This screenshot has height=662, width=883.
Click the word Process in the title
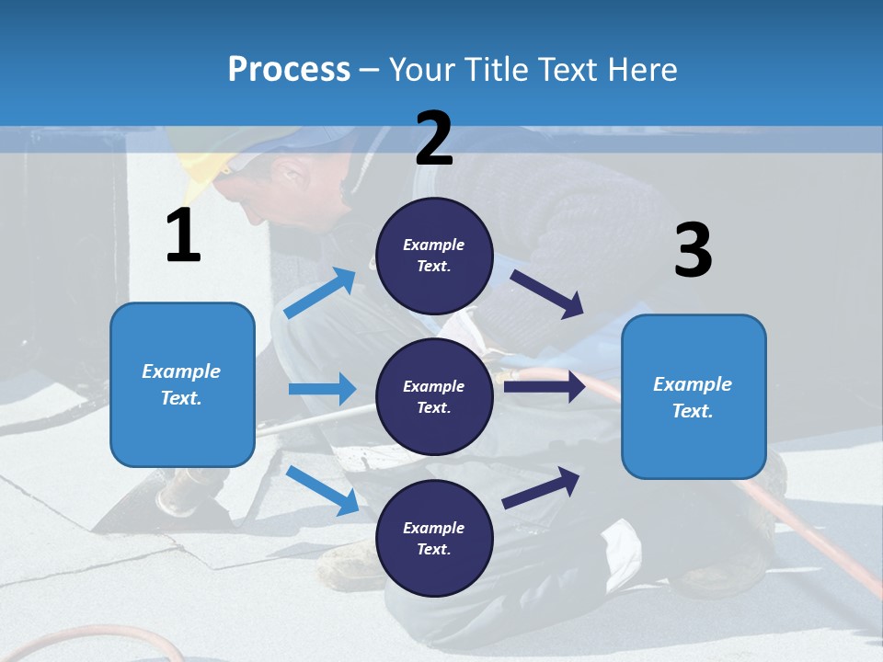pos(289,69)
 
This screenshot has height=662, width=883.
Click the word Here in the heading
pos(640,69)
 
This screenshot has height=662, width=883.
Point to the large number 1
pos(183,236)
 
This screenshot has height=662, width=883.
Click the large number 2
pos(434,139)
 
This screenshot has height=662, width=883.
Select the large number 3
pos(693,251)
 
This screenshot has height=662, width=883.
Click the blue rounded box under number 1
pos(182,384)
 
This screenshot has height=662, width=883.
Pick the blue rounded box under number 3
pos(694,397)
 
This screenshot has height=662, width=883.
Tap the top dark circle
pos(434,256)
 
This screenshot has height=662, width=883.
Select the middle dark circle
pos(434,396)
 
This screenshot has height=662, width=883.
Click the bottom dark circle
pos(434,538)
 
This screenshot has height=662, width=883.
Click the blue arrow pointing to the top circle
pos(320,293)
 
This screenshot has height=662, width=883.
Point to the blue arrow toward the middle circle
pos(322,389)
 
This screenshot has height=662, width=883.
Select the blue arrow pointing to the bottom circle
pos(323,490)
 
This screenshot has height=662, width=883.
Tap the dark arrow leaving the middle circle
pos(544,386)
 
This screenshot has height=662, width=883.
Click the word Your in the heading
pos(422,69)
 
